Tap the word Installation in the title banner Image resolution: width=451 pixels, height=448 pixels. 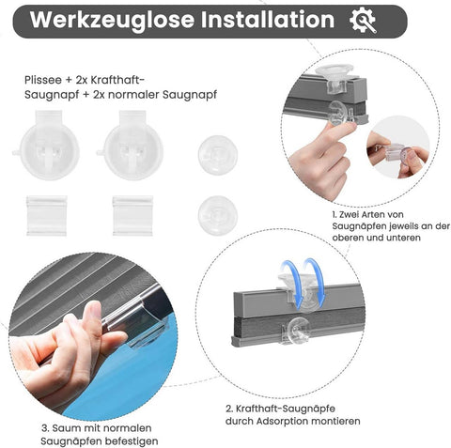click(x=265, y=21)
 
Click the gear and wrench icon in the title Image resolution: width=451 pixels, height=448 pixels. click(x=362, y=21)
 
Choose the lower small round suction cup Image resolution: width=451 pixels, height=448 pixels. click(x=217, y=215)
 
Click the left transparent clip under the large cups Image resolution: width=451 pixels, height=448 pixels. click(x=47, y=215)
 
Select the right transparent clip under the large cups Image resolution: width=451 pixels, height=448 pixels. click(x=132, y=215)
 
